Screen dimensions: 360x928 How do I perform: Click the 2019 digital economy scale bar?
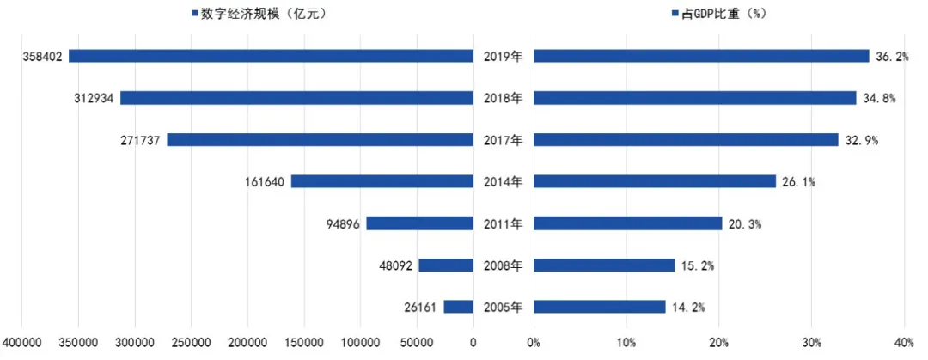[x=271, y=56]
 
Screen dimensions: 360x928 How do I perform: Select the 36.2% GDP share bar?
[x=701, y=56]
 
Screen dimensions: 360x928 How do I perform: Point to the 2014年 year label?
[x=503, y=182]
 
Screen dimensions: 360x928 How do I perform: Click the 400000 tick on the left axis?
[x=23, y=343]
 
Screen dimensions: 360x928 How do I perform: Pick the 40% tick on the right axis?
[x=904, y=343]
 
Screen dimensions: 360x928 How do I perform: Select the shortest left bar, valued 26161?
[x=459, y=307]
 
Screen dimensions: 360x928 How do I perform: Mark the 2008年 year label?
[x=503, y=265]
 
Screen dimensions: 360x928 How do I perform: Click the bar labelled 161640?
[x=382, y=181]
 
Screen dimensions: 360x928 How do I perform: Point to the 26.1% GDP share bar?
[x=654, y=181]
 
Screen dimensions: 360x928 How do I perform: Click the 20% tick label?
[x=719, y=343]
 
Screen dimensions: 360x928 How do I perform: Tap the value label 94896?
[x=341, y=224]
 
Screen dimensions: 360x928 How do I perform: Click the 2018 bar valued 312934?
[x=296, y=98]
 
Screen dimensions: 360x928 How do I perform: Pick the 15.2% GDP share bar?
[x=604, y=265]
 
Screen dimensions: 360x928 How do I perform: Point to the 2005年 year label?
[x=503, y=308]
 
